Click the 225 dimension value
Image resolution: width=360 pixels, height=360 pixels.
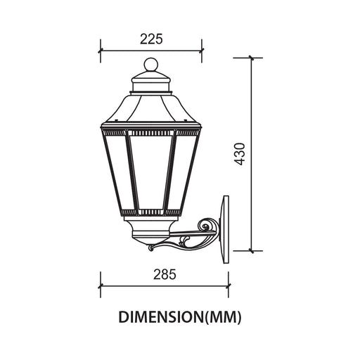click(151, 39)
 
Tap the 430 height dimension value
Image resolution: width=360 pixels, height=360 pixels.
click(240, 154)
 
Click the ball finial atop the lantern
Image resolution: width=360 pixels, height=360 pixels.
click(151, 67)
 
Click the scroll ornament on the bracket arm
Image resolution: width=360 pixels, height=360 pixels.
click(205, 226)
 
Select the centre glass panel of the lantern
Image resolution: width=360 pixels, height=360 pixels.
click(151, 170)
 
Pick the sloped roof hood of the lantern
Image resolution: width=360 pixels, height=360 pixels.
click(151, 110)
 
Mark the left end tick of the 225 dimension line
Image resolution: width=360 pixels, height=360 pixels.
click(101, 51)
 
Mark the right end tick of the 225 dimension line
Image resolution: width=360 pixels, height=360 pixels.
click(202, 51)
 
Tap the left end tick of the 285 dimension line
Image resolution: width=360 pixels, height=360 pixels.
click(101, 286)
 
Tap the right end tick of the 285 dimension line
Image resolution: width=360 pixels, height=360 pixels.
click(229, 286)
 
